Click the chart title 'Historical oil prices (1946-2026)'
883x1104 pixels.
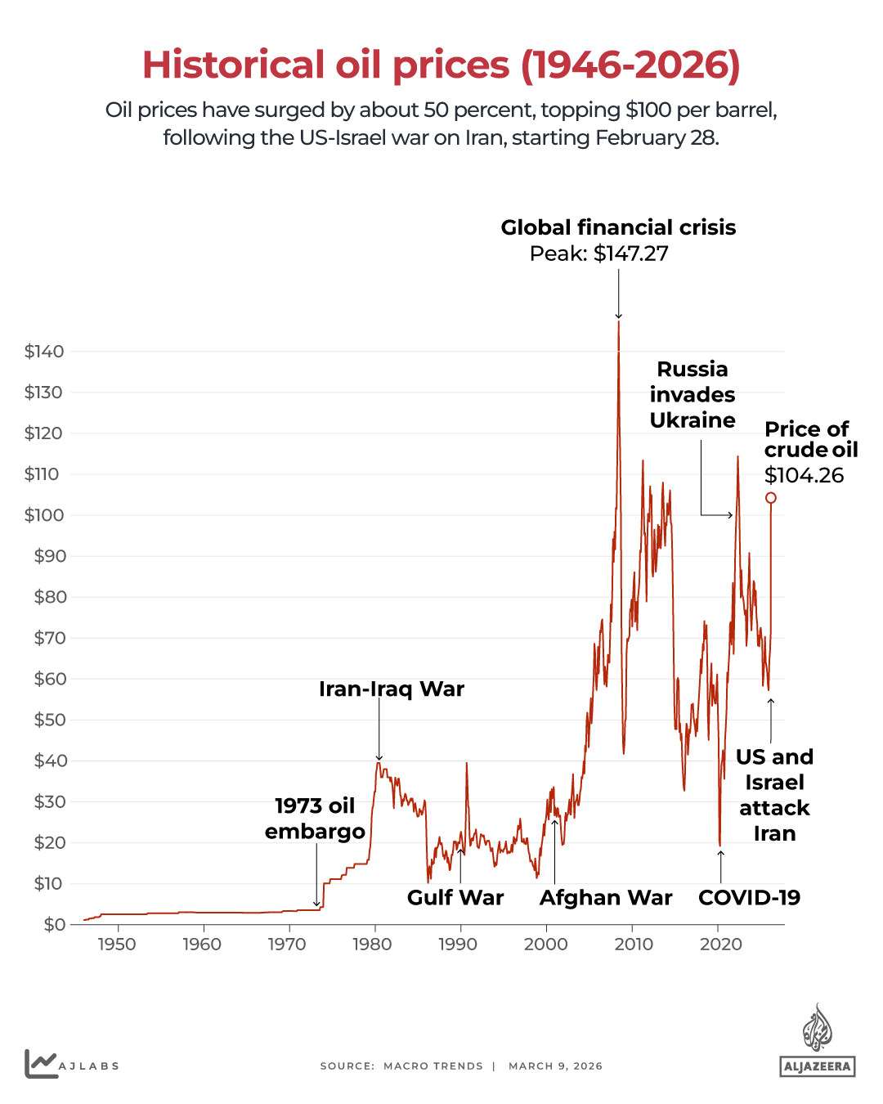(x=441, y=65)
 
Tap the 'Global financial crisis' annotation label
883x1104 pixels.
(x=618, y=227)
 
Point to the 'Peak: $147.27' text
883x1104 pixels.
(x=598, y=254)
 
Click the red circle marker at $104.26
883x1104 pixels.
(x=770, y=498)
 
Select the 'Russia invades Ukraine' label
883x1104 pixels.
(x=693, y=394)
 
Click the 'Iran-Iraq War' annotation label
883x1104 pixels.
(x=391, y=689)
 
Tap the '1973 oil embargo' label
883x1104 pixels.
(x=315, y=819)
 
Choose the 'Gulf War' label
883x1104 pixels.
(x=455, y=898)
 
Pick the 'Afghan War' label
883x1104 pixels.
(x=606, y=898)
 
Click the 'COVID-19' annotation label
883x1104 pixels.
(x=749, y=898)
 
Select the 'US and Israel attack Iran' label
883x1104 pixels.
(x=774, y=795)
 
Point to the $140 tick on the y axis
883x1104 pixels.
(x=44, y=352)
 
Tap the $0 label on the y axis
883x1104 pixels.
(x=54, y=925)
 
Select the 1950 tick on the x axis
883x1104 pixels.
(x=117, y=945)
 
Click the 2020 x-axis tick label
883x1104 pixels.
(x=720, y=945)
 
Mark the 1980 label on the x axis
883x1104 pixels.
(x=372, y=945)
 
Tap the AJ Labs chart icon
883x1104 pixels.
(x=40, y=1064)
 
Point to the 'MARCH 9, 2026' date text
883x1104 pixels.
(x=555, y=1066)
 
